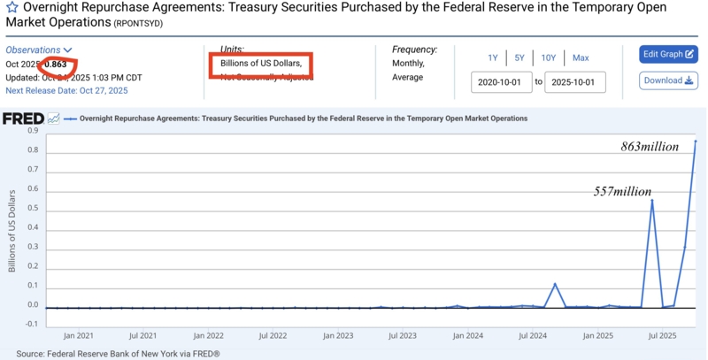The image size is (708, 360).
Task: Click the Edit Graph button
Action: click(668, 54)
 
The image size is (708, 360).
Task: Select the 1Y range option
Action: click(493, 58)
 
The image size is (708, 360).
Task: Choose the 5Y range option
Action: click(519, 58)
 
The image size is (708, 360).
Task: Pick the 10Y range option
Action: click(549, 58)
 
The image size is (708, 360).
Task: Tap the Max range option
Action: click(581, 58)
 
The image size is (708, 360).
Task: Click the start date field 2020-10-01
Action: click(501, 82)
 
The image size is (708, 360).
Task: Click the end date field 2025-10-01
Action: click(574, 82)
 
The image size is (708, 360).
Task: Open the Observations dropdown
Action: click(39, 50)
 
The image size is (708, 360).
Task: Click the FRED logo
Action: click(22, 119)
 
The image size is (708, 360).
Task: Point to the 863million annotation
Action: click(650, 147)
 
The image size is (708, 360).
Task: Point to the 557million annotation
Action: click(622, 192)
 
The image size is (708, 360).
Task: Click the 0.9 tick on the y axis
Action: click(32, 131)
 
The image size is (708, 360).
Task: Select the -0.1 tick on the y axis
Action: click(31, 324)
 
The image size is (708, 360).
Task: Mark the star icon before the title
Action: click(12, 8)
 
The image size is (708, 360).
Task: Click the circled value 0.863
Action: click(56, 65)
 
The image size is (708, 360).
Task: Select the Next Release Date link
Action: click(66, 90)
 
